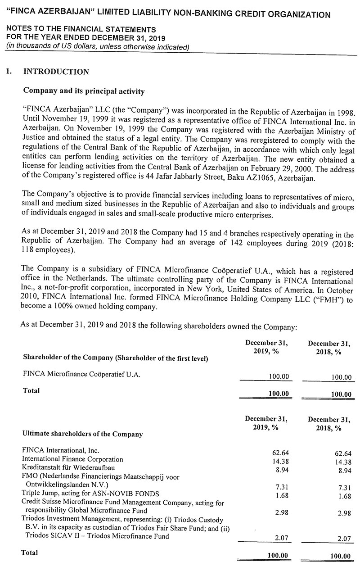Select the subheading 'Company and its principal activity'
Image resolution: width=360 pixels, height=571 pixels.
[x=84, y=91]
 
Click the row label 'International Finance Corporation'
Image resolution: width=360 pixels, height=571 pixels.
[x=72, y=459]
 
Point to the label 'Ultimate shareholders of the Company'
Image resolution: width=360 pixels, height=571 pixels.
[x=82, y=435]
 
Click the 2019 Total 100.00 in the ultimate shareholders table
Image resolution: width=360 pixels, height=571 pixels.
[x=278, y=556]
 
